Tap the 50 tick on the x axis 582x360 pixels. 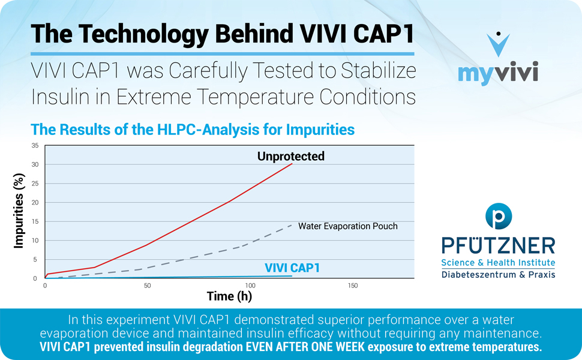[x=148, y=286]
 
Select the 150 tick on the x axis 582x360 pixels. [x=353, y=286]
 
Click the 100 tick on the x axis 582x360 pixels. [x=250, y=286]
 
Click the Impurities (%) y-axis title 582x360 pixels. [x=19, y=212]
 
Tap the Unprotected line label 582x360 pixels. [x=290, y=157]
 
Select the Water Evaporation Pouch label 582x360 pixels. [x=348, y=226]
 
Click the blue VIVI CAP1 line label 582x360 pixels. [x=292, y=268]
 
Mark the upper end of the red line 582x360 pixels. [x=292, y=163]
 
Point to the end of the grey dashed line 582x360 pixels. [x=292, y=224]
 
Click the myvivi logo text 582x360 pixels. [x=497, y=74]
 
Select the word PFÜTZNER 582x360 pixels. [x=498, y=246]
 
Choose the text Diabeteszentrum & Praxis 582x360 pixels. [x=498, y=274]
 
